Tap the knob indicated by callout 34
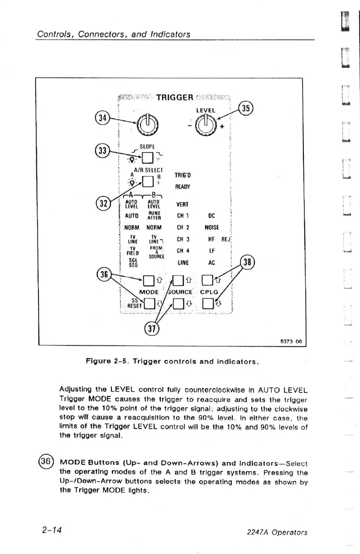149,123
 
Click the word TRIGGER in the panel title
175,97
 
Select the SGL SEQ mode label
133,263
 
